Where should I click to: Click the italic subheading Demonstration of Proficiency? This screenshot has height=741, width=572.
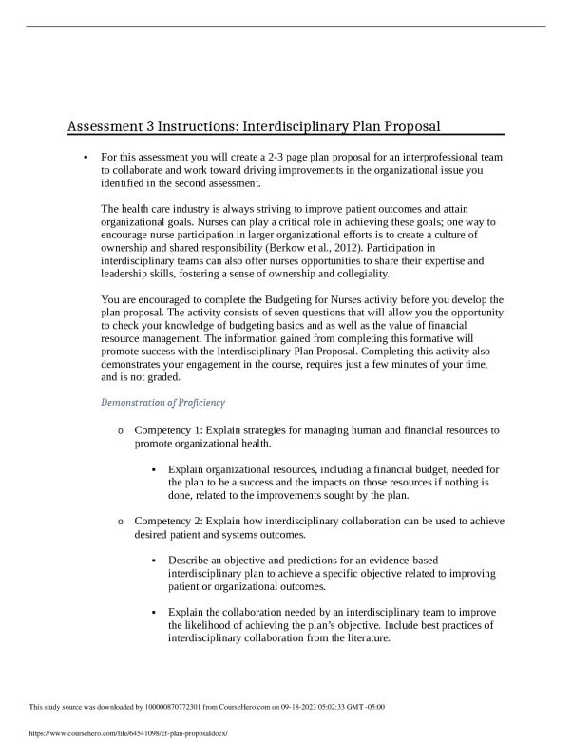pos(162,403)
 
